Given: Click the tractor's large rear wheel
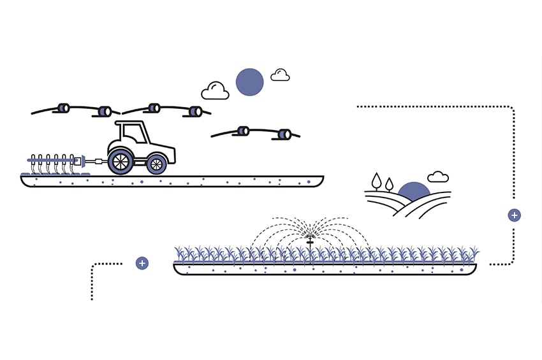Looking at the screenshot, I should (x=121, y=162).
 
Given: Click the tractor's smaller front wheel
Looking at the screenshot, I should (x=157, y=164).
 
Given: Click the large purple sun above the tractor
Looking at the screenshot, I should (x=249, y=82).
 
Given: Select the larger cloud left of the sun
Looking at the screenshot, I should (x=215, y=92).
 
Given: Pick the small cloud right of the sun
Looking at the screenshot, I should (x=280, y=76).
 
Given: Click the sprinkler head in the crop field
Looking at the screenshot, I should (x=310, y=240).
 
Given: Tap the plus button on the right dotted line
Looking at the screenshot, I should (x=514, y=215).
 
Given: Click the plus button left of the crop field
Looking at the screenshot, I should (x=142, y=263).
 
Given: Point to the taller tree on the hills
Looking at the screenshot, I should (x=377, y=181).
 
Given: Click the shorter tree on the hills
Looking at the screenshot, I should (x=389, y=185).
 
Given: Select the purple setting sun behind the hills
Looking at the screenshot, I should (x=414, y=191).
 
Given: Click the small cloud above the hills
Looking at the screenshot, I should (x=438, y=176).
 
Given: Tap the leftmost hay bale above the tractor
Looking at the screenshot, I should (x=63, y=108).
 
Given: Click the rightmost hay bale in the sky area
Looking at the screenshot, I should (x=284, y=134).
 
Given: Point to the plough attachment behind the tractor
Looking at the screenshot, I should (x=54, y=163).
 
